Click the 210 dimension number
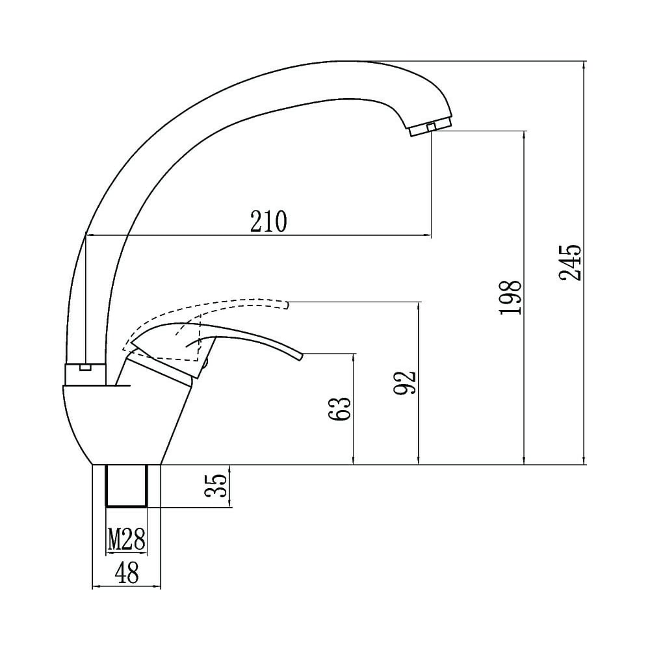click(x=268, y=222)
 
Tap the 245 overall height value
click(x=571, y=263)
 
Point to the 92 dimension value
click(x=404, y=382)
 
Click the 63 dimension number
click(x=339, y=409)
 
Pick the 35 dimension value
click(x=216, y=486)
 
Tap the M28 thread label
click(x=127, y=539)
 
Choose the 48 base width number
click(x=127, y=574)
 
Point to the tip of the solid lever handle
click(x=302, y=357)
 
